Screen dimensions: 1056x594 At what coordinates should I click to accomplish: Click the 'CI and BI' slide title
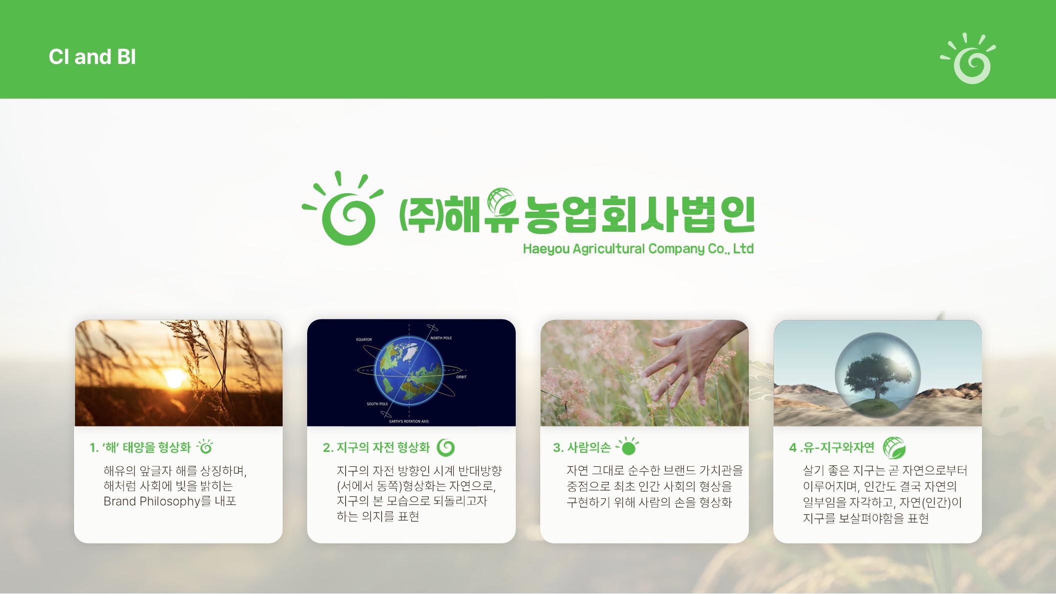92,57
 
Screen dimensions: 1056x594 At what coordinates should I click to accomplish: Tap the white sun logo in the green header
968,59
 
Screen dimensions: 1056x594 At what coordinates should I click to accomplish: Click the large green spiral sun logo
343,209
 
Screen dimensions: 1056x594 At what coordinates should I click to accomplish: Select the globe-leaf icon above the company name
502,201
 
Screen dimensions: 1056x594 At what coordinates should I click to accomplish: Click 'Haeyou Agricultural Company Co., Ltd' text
638,249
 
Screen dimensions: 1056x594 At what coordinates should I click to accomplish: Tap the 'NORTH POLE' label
441,338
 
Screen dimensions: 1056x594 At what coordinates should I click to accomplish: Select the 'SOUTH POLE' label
377,404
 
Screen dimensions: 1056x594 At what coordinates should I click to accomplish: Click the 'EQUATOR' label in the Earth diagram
364,339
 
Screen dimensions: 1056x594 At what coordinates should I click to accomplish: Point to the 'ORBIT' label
461,377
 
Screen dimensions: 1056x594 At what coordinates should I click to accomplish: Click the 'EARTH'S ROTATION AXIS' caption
409,421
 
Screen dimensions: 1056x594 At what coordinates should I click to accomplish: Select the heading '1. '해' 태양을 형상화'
140,447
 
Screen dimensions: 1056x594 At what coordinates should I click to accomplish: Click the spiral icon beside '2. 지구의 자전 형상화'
446,447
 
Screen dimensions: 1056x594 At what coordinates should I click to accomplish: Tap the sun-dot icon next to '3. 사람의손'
627,446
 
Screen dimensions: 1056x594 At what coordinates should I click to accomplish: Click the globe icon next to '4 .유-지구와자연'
894,448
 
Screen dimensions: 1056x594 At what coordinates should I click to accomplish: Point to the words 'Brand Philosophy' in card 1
152,501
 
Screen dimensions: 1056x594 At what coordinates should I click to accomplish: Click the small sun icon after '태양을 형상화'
205,446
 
